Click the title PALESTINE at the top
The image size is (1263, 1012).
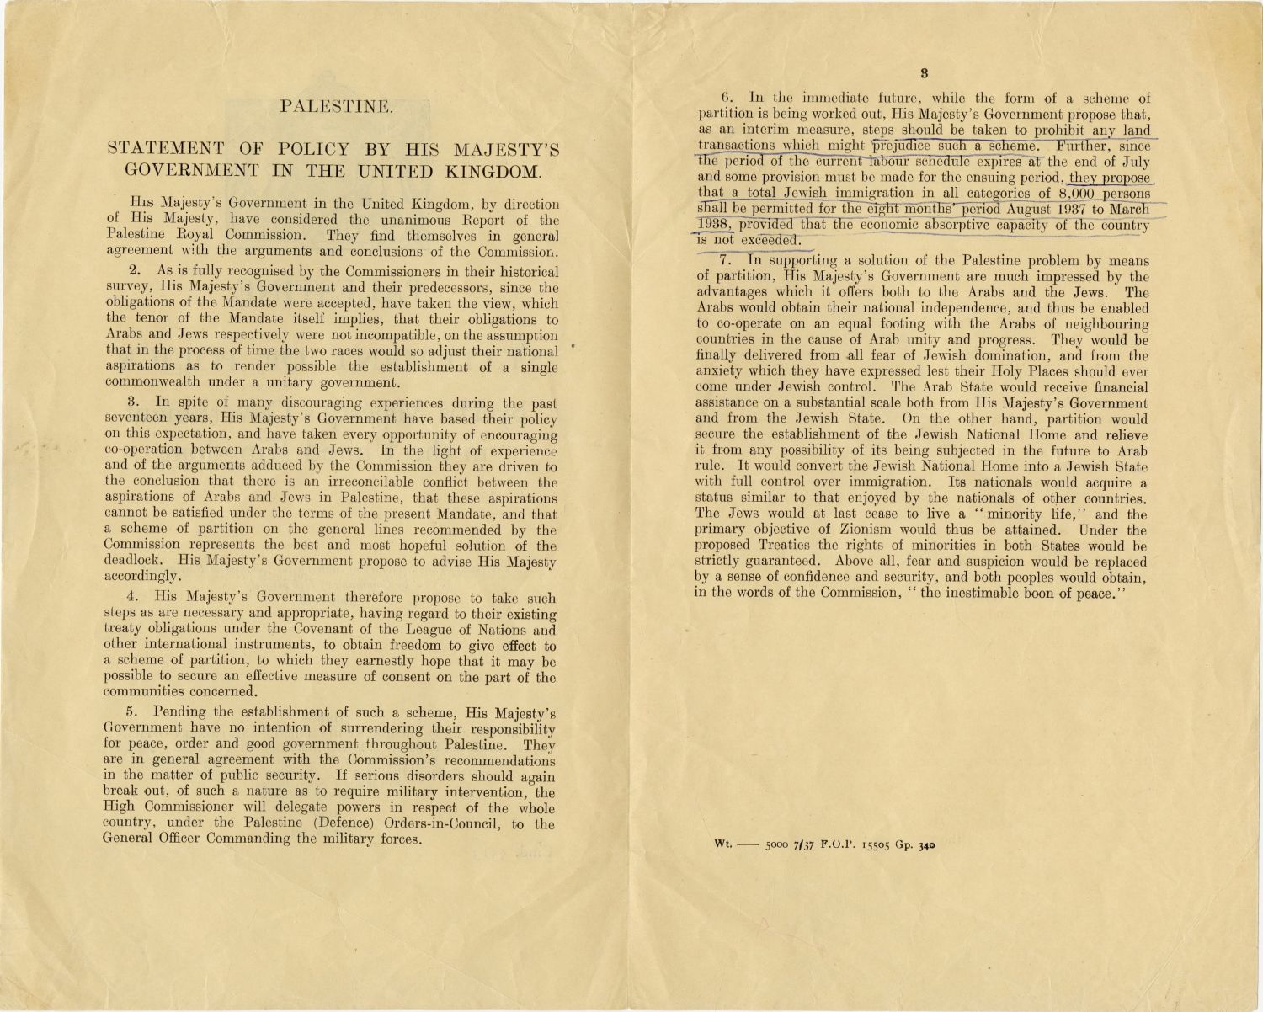click(336, 106)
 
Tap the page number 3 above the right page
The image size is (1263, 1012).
click(924, 73)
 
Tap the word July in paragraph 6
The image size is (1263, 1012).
click(1132, 162)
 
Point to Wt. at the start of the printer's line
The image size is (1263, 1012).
click(723, 843)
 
